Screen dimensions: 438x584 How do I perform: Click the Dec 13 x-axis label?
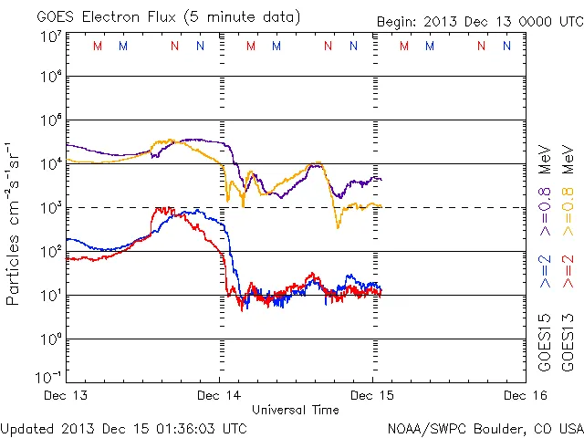66,395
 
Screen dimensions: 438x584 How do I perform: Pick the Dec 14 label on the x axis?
219,395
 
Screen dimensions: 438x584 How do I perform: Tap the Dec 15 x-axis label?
371,395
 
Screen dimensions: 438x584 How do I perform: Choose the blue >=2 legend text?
545,271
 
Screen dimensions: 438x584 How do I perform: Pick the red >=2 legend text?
568,271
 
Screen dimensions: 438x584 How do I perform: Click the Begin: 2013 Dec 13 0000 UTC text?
478,21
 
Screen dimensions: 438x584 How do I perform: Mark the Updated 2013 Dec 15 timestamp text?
123,427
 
